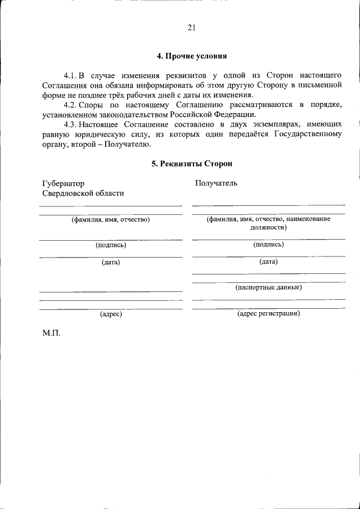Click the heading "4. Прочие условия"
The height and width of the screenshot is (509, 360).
(x=192, y=57)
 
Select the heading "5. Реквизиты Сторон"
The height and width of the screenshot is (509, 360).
(x=192, y=164)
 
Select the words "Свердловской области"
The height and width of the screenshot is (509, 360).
(x=83, y=193)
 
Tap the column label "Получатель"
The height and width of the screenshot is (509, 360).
(x=216, y=183)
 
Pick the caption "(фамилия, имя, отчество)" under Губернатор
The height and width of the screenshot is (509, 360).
(x=110, y=219)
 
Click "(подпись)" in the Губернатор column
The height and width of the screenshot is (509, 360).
(x=111, y=245)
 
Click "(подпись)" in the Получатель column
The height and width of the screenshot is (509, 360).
(x=268, y=244)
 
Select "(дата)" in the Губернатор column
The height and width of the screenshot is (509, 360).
(x=111, y=262)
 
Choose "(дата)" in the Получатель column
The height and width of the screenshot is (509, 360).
(x=268, y=262)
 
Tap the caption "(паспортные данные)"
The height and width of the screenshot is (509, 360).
(x=268, y=287)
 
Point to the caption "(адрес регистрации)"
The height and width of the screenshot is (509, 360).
(x=268, y=313)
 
